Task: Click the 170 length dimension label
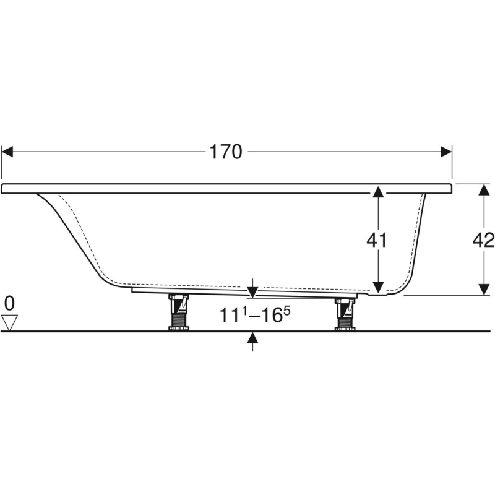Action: tap(226, 152)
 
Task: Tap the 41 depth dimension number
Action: tap(377, 240)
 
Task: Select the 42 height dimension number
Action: tap(483, 240)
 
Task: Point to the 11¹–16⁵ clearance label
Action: tap(255, 314)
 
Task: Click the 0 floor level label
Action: tap(9, 303)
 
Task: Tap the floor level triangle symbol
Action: tap(9, 323)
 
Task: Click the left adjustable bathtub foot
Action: tap(179, 312)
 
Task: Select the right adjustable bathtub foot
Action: tap(345, 314)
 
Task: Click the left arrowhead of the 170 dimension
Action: tap(7, 152)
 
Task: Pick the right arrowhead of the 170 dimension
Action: tap(446, 152)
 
